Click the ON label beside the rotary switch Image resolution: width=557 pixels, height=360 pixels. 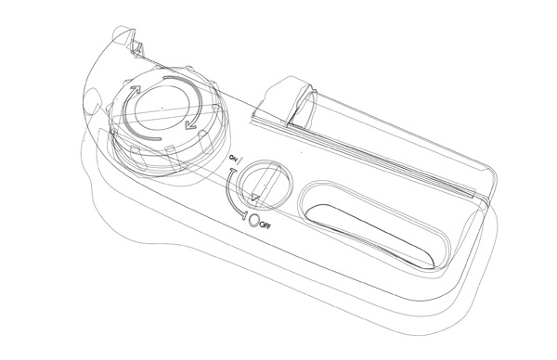coord(233,158)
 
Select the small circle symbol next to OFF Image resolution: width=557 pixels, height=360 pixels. coord(254,220)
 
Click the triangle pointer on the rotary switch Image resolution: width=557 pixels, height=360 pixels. coord(255,198)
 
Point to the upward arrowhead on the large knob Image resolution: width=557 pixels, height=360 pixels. coord(135,90)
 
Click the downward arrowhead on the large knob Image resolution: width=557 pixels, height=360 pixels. coord(190,123)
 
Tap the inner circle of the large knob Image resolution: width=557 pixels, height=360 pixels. coord(163,107)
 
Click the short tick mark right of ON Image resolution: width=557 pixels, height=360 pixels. coord(240,161)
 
